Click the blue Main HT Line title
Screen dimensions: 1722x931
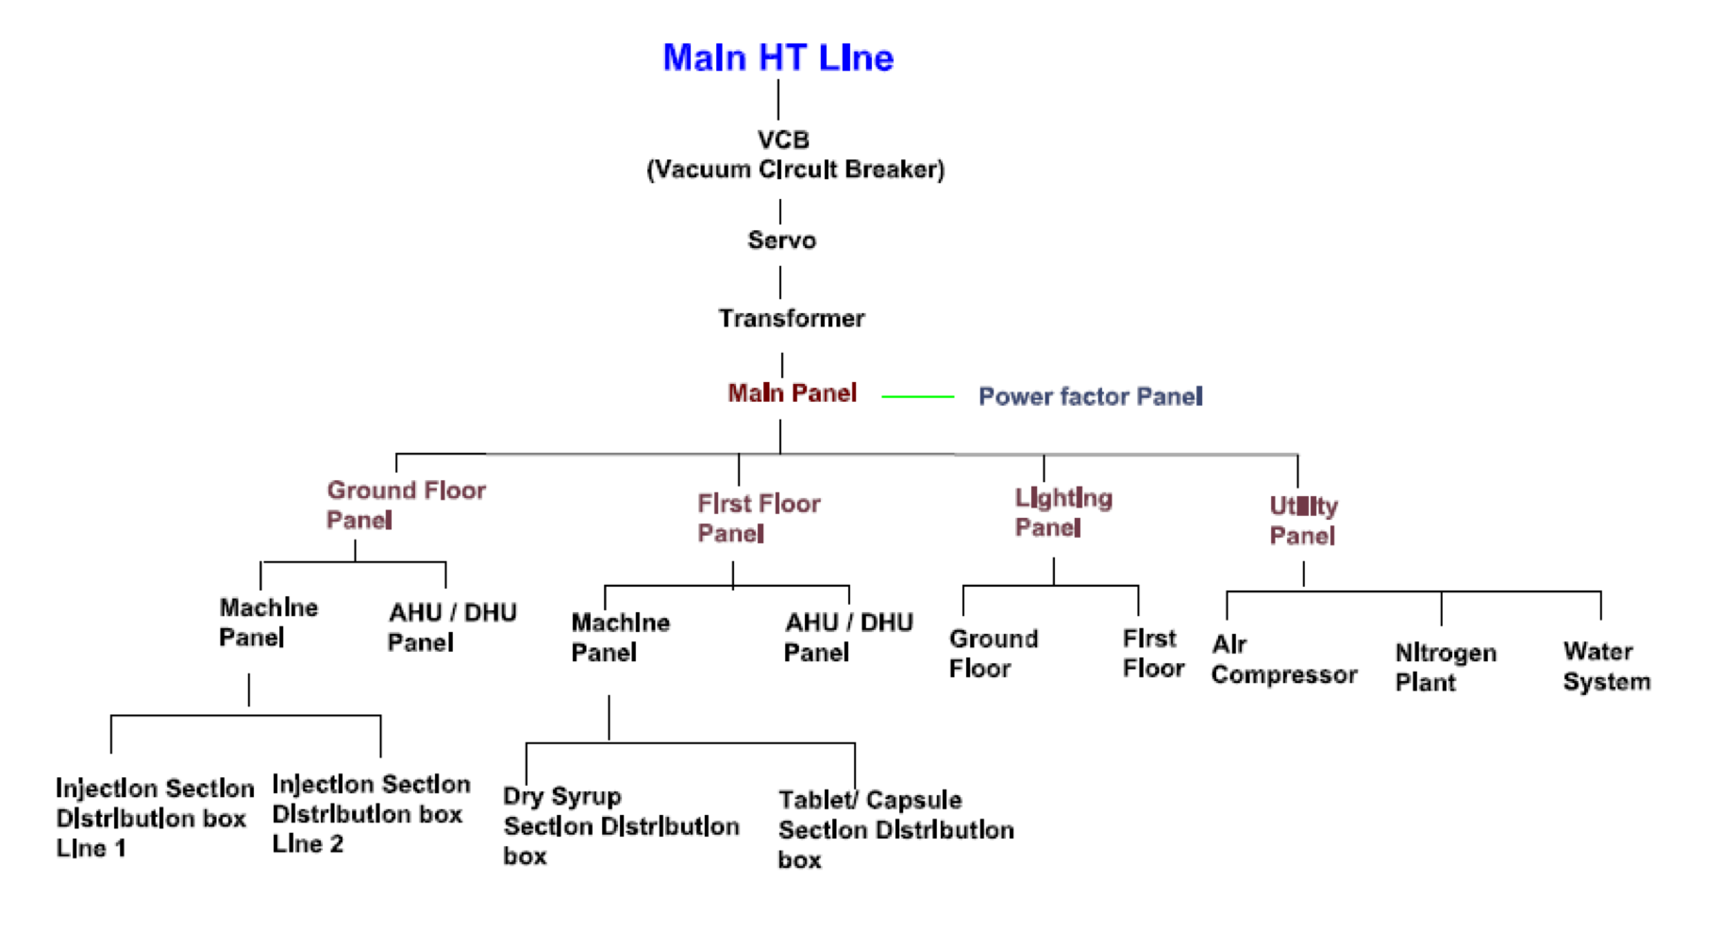777,58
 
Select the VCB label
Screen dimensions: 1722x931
783,140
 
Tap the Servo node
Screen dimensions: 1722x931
781,241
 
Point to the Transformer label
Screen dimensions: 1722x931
791,319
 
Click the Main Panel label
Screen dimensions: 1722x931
792,393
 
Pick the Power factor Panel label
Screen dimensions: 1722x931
1090,396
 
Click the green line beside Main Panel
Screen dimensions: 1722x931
917,397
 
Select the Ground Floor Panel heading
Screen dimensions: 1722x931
406,505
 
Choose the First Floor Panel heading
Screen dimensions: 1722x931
759,518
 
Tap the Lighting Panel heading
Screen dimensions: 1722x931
1063,512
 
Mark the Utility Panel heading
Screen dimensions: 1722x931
1303,521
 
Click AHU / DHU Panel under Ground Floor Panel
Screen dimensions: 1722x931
452,627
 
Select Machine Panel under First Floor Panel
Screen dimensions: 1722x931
620,638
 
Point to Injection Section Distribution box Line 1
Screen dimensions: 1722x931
155,818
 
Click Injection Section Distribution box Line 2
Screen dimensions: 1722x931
371,814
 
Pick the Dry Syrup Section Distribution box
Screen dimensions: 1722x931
621,826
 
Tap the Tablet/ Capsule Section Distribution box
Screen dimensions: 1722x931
895,830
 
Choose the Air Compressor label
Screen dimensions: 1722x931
1284,659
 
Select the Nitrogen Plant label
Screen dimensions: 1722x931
1446,667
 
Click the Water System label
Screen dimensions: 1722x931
1606,666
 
